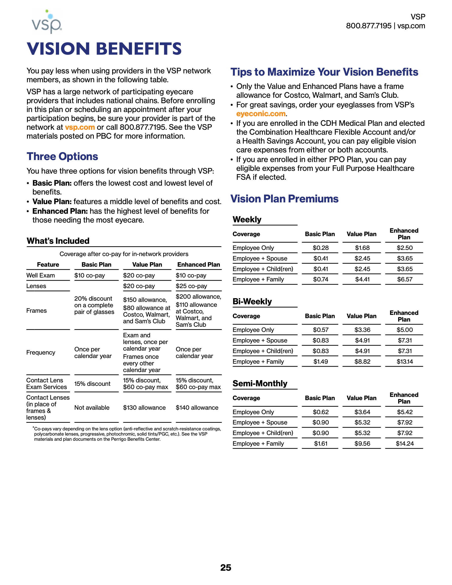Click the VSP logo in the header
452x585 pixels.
pos(47,22)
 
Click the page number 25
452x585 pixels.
pos(226,567)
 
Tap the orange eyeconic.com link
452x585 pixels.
pos(261,114)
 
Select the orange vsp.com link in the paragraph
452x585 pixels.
pos(80,127)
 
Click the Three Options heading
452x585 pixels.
pos(62,156)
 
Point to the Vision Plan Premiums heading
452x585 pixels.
pos(284,199)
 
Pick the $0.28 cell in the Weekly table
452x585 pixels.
pos(321,248)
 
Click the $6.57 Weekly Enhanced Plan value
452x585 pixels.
pos(404,279)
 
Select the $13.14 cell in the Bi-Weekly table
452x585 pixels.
pos(404,362)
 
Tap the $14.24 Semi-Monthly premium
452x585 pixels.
pos(404,444)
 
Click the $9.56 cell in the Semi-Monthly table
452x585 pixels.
pos(362,444)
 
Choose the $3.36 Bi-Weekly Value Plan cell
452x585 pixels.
pos(362,330)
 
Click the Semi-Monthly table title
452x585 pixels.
pos(260,383)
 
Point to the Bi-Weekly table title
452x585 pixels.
pos(252,301)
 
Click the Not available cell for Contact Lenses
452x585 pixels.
pos(92,408)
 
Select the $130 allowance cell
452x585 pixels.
pos(144,408)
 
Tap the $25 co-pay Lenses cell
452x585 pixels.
pos(191,286)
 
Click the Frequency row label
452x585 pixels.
pos(41,353)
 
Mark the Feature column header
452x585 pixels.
pos(48,265)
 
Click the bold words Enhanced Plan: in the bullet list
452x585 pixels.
pos(60,211)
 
